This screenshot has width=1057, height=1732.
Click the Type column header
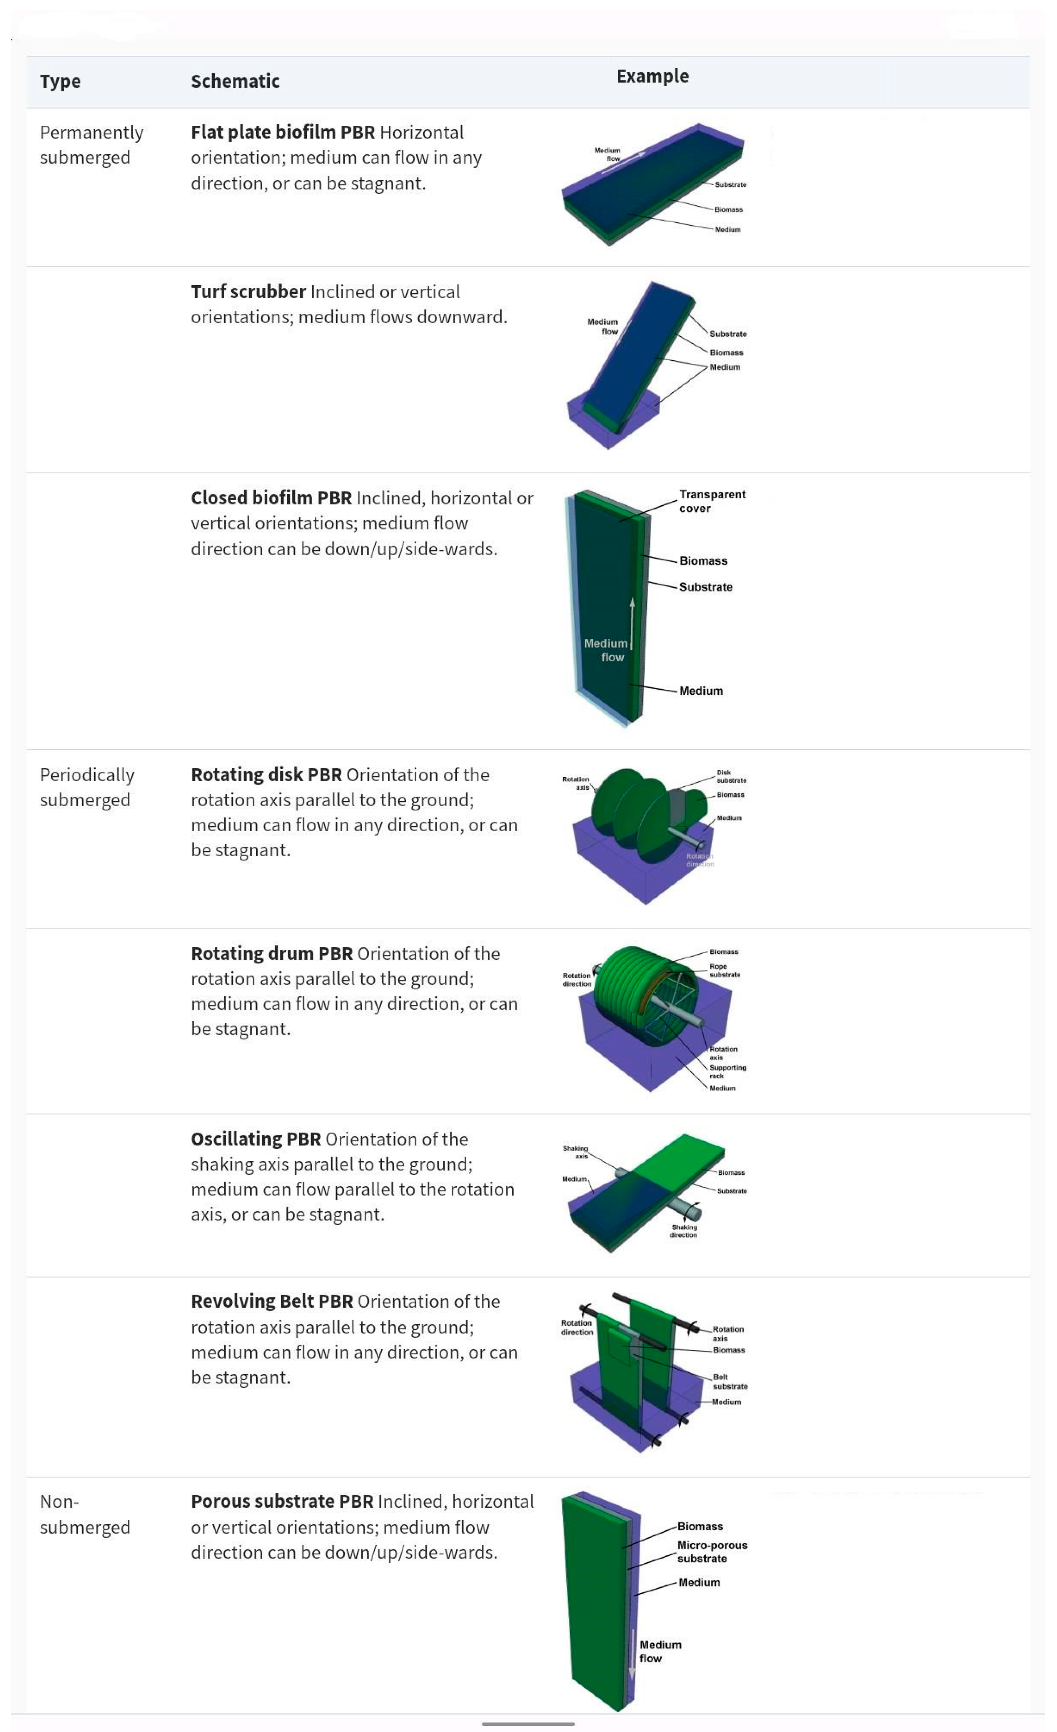[60, 82]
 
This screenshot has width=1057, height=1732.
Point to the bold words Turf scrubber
[248, 292]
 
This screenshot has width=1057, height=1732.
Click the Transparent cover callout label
[711, 501]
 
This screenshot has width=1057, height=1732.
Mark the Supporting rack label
[727, 1071]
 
